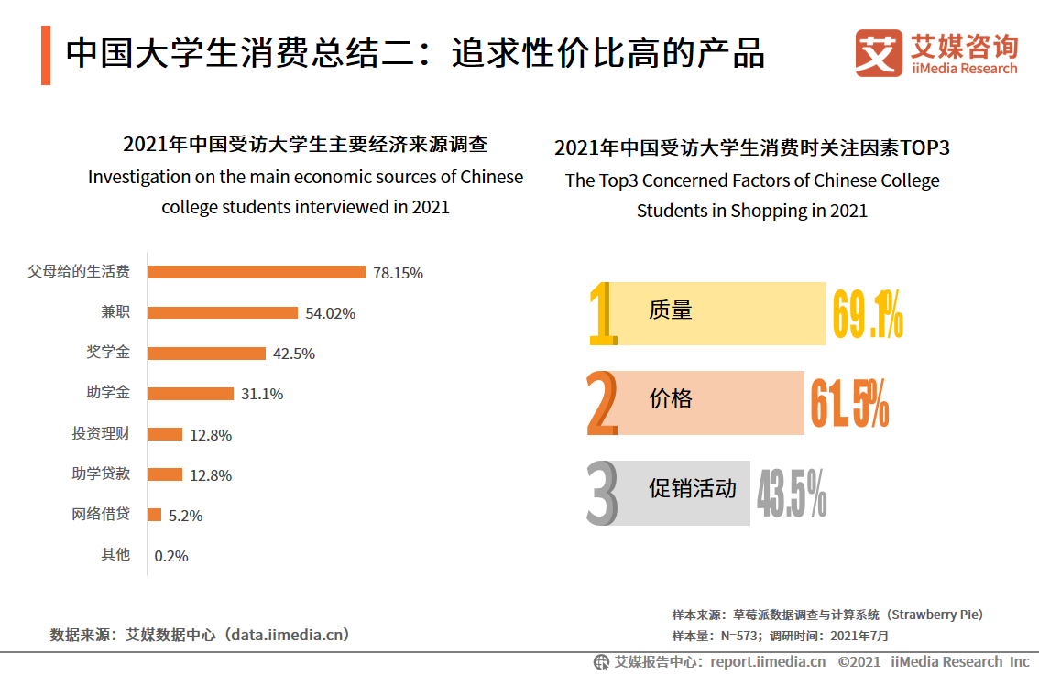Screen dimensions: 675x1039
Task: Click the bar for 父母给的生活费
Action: (x=257, y=272)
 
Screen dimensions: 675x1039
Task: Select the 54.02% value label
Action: (x=330, y=313)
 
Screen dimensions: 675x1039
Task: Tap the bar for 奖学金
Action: (x=206, y=354)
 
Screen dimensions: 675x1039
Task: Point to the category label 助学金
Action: (x=108, y=393)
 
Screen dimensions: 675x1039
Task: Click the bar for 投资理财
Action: (x=165, y=434)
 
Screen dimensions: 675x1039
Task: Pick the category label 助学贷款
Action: (x=101, y=474)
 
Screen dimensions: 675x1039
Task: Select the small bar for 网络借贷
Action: (x=155, y=515)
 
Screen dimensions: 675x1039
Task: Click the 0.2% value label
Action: (x=171, y=556)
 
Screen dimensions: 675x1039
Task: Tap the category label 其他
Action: (x=115, y=554)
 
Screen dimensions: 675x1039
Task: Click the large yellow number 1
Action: (x=601, y=314)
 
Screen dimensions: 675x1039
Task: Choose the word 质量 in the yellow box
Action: (x=670, y=310)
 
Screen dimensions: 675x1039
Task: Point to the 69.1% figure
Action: (x=867, y=314)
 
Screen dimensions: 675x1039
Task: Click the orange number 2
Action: (x=601, y=403)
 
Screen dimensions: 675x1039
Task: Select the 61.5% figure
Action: (x=848, y=403)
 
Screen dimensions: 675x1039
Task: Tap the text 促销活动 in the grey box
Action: (x=692, y=489)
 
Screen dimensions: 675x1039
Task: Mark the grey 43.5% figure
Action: (x=792, y=493)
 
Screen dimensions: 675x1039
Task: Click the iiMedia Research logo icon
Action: (x=878, y=53)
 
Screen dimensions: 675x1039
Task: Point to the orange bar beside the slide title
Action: (x=46, y=55)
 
